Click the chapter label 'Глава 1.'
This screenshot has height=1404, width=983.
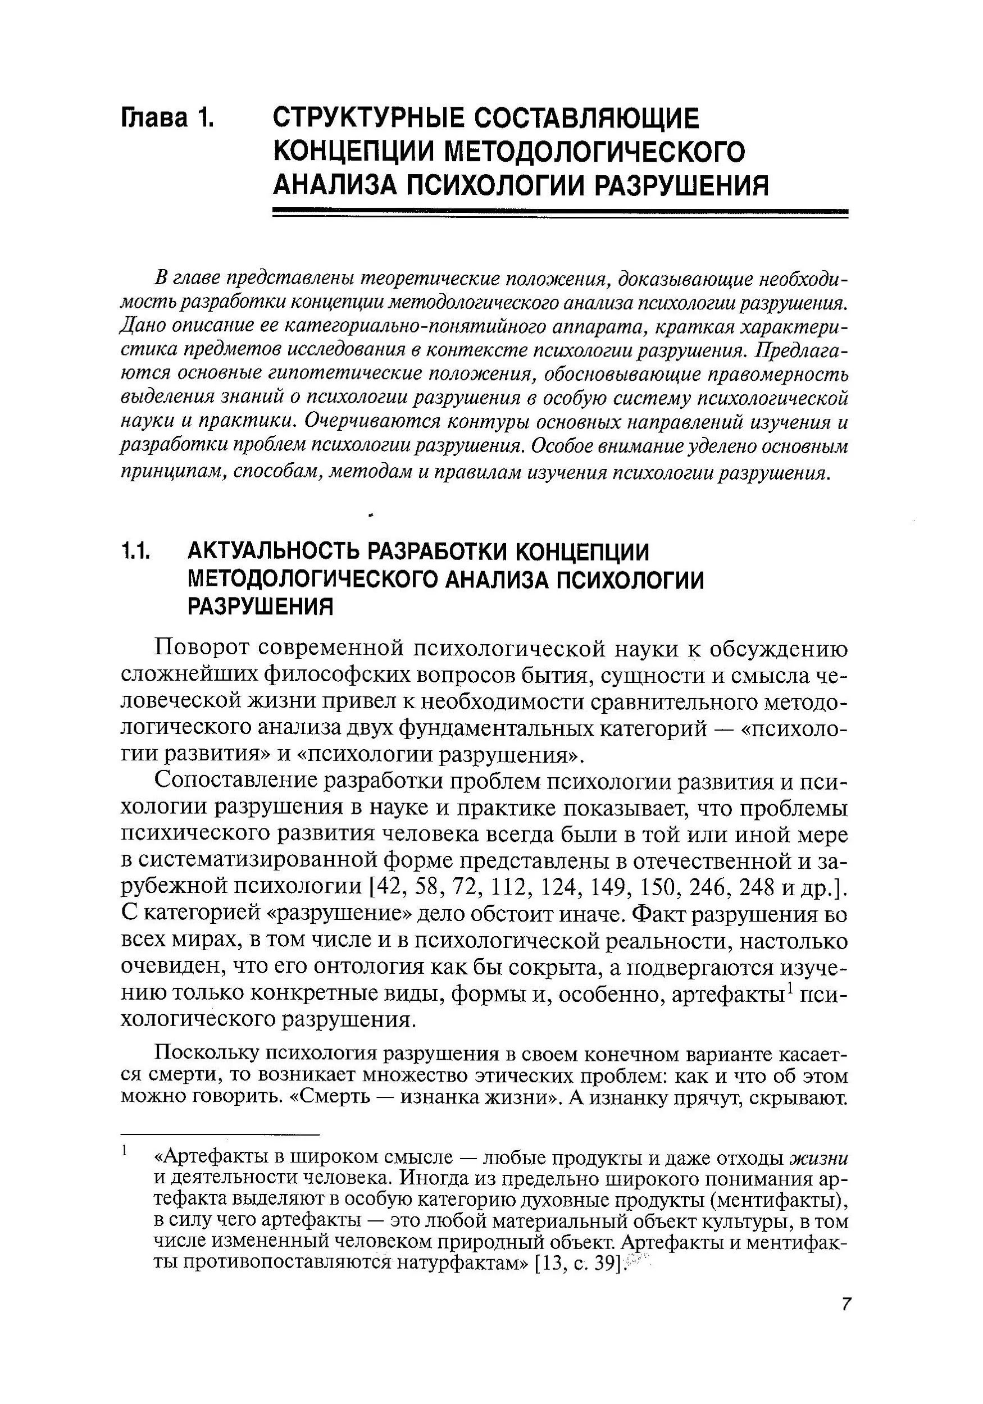[168, 118]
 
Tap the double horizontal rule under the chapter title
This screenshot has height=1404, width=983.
[559, 212]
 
